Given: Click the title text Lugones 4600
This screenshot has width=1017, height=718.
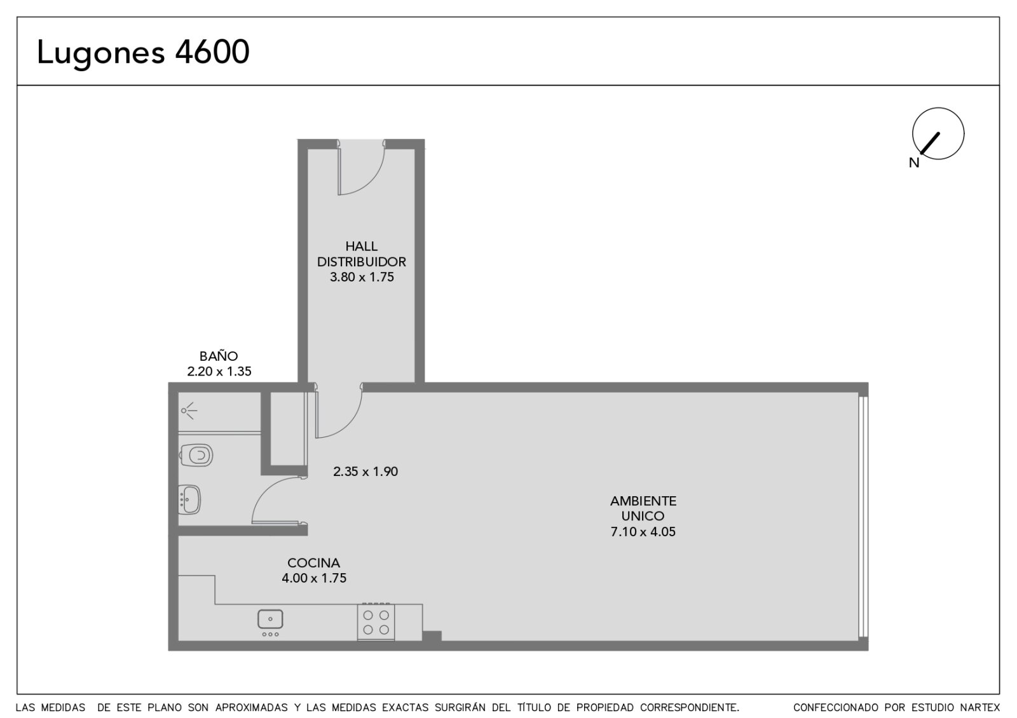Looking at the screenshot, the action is pyautogui.click(x=143, y=52).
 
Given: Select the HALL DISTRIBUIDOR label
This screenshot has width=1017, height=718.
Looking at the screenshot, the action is pyautogui.click(x=362, y=254).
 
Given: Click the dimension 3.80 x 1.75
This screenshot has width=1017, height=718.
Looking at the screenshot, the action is pyautogui.click(x=362, y=277).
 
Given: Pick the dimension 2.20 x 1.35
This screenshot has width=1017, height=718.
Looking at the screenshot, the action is pyautogui.click(x=219, y=371).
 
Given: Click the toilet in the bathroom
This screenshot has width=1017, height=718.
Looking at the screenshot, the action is pyautogui.click(x=196, y=455).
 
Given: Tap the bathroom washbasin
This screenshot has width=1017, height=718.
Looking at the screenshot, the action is pyautogui.click(x=189, y=499).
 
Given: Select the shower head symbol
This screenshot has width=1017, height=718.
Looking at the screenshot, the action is pyautogui.click(x=189, y=410).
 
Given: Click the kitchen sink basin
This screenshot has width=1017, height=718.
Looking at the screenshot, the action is pyautogui.click(x=270, y=619).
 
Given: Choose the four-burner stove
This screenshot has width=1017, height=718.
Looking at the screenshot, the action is pyautogui.click(x=376, y=621).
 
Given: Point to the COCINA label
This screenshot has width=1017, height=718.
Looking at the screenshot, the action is pyautogui.click(x=314, y=563).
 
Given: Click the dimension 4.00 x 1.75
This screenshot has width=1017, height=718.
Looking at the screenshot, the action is pyautogui.click(x=314, y=578).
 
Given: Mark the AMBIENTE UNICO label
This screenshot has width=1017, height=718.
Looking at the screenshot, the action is pyautogui.click(x=643, y=508).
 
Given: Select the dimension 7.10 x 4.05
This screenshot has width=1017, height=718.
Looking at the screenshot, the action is pyautogui.click(x=643, y=531).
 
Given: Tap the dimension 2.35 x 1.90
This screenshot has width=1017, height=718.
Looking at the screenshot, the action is pyautogui.click(x=365, y=471).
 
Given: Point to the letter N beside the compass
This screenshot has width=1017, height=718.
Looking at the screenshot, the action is pyautogui.click(x=914, y=163).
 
